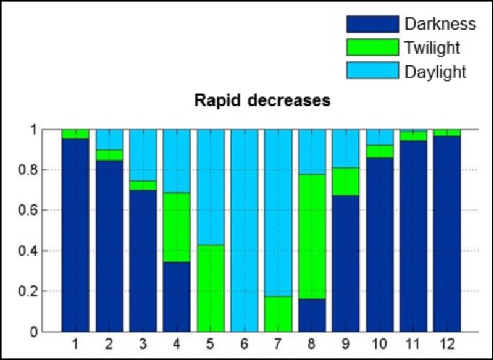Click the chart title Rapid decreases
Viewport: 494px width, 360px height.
pyautogui.click(x=262, y=101)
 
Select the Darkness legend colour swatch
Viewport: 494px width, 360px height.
pyautogui.click(x=372, y=24)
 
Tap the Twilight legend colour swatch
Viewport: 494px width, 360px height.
pyautogui.click(x=372, y=48)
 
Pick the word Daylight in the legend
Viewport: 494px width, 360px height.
pyautogui.click(x=435, y=72)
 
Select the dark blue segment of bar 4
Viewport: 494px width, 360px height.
pyautogui.click(x=177, y=296)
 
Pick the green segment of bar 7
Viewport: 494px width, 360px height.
pyautogui.click(x=278, y=314)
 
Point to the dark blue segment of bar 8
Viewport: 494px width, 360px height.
pyautogui.click(x=312, y=315)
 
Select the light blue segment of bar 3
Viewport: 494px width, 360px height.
pyautogui.click(x=143, y=155)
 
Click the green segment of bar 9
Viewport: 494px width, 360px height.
pyautogui.click(x=346, y=182)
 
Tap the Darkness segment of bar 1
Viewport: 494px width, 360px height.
pyautogui.click(x=75, y=235)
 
